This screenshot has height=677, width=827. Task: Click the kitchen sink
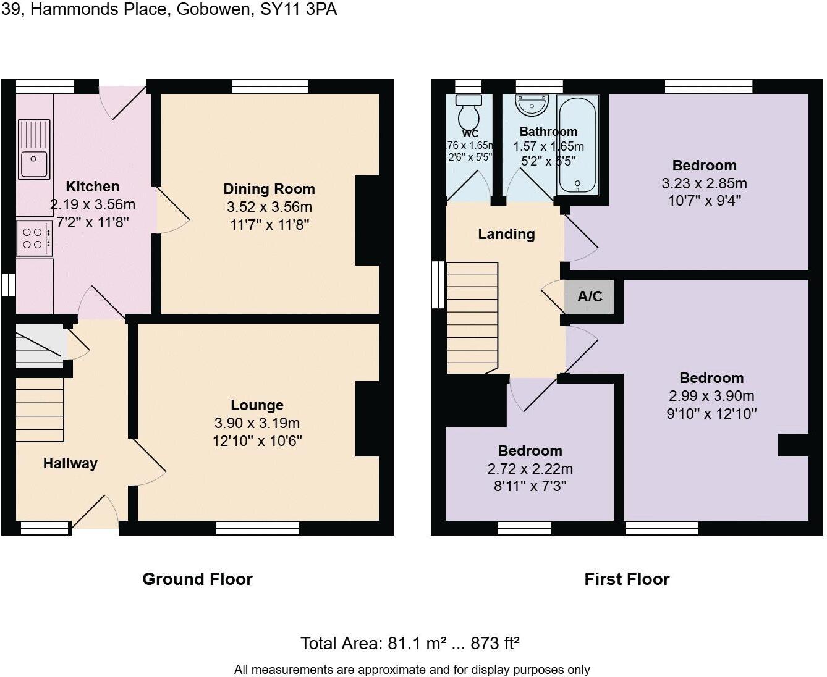click(x=34, y=150)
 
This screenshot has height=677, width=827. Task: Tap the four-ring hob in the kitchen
click(x=34, y=238)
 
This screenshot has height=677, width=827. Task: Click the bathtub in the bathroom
click(x=577, y=145)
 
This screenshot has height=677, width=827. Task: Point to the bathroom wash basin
click(x=532, y=106)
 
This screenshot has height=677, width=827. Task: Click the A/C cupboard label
click(x=590, y=296)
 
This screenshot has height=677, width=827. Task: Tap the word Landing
click(x=506, y=234)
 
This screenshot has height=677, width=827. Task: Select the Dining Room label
click(x=269, y=189)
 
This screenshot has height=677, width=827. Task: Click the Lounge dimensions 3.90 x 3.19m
click(x=257, y=423)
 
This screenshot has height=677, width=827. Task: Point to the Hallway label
click(x=70, y=463)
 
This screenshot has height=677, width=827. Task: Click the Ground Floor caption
click(x=197, y=579)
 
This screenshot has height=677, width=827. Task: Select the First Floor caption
click(x=627, y=579)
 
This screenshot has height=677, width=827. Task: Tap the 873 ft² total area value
click(x=494, y=644)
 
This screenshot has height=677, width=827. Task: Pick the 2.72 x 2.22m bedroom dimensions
click(x=530, y=469)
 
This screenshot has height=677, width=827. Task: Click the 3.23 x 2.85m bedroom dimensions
click(x=704, y=183)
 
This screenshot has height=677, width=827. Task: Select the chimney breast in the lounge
click(x=367, y=419)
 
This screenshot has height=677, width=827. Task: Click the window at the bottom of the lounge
click(x=258, y=528)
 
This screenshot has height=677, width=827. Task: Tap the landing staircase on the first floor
click(x=472, y=317)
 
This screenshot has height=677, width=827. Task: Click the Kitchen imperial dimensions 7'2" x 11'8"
click(x=93, y=222)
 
